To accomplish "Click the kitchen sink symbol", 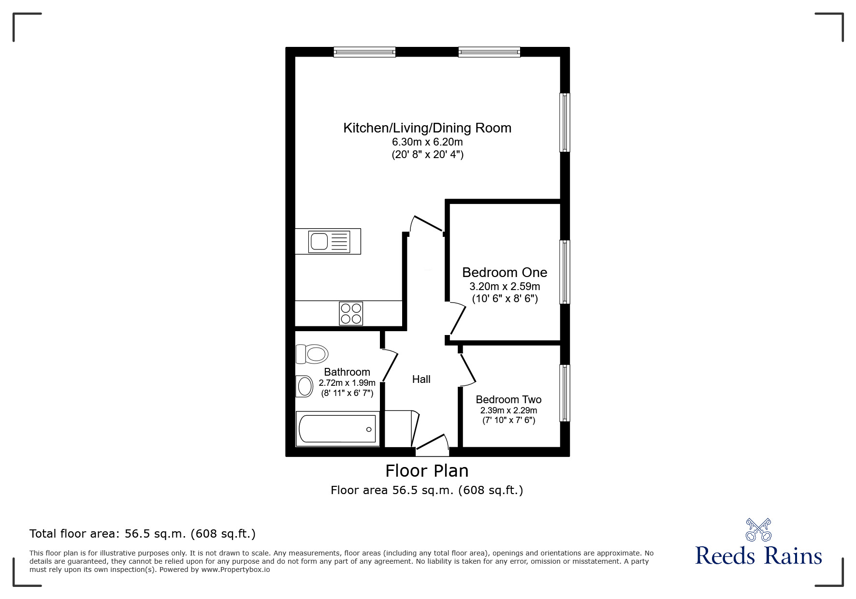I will (328, 241).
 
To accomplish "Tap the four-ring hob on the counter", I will (351, 313).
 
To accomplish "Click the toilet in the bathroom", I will (312, 354).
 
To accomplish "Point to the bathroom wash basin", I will (305, 386).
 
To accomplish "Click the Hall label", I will (421, 380).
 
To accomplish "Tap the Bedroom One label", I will (505, 272).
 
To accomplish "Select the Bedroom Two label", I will (508, 399).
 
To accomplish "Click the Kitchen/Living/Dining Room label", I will (427, 128).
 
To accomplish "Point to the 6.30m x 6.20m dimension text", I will (427, 142).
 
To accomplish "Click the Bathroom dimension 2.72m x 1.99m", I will (347, 383).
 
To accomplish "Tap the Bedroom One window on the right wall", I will (565, 272).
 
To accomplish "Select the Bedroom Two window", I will (565, 393).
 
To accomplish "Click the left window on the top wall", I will (364, 52).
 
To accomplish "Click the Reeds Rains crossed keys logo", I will (758, 530).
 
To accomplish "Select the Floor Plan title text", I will (427, 470).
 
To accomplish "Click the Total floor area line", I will (143, 534).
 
